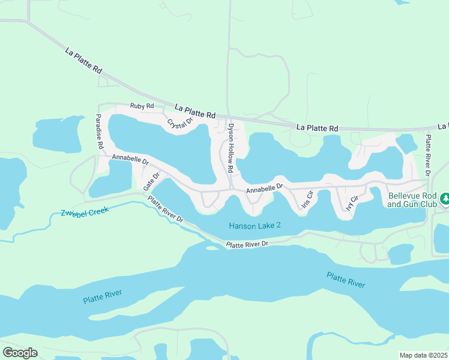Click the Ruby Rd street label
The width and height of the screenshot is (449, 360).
point(142,106)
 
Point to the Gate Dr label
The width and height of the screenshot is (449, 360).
point(151,182)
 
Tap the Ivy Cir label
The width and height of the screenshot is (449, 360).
point(352,202)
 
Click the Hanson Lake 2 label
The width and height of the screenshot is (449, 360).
point(255,226)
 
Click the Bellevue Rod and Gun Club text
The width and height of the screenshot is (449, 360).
point(412,200)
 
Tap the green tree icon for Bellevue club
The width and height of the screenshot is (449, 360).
point(445,197)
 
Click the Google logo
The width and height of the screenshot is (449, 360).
point(20,352)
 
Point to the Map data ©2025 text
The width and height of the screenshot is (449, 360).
point(424,355)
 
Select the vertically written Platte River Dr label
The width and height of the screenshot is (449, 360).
point(427,155)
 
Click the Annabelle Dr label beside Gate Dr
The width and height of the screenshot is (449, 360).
point(130,160)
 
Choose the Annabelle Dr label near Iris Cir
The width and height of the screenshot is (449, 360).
point(264,188)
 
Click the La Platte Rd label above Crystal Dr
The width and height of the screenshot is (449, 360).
point(195,110)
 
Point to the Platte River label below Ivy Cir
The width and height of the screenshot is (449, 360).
point(346,280)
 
